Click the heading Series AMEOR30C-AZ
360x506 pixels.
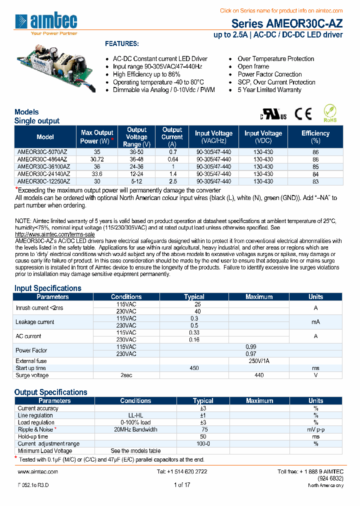tap(287, 24)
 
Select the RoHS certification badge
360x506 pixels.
tap(330, 113)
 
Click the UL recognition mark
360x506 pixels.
tap(273, 114)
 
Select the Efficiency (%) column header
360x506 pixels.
tap(315, 137)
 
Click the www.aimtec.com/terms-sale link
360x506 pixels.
tap(55, 234)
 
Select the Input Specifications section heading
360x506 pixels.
tap(47, 288)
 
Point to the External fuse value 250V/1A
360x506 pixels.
tap(259, 361)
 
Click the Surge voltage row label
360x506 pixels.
tap(32, 375)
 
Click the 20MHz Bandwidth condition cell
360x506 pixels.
tap(135, 429)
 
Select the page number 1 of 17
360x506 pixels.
tap(182, 485)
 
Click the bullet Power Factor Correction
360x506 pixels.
tap(269, 74)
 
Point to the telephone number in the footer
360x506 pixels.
tap(182, 471)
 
